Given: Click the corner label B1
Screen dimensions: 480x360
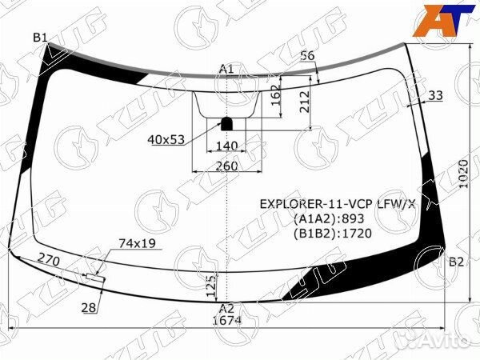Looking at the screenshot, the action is [x=40, y=38].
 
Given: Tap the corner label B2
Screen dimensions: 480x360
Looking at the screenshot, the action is [x=457, y=262].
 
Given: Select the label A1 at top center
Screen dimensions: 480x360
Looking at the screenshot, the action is [x=226, y=69].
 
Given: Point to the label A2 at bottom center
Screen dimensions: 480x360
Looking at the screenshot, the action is [x=226, y=308].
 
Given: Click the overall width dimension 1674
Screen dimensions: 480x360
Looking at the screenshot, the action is [x=227, y=320].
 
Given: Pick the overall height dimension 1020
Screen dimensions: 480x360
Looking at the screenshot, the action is [x=464, y=174].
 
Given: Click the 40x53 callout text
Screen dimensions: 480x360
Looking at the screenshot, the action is [x=166, y=140].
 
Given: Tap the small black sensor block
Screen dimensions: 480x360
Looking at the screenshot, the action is [x=227, y=123].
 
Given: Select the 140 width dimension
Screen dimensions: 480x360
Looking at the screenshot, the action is [x=227, y=146].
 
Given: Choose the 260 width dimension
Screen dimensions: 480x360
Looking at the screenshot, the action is [x=226, y=166].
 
